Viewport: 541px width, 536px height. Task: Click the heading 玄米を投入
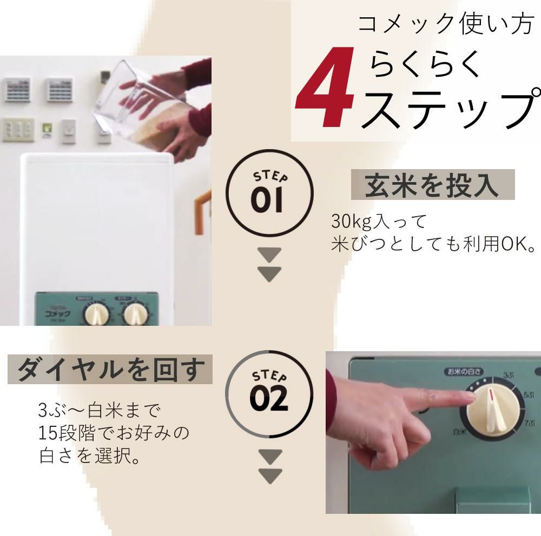432,185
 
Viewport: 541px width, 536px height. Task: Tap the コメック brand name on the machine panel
58,312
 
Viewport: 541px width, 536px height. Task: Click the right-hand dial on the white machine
134,314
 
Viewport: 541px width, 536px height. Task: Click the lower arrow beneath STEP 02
269,476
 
